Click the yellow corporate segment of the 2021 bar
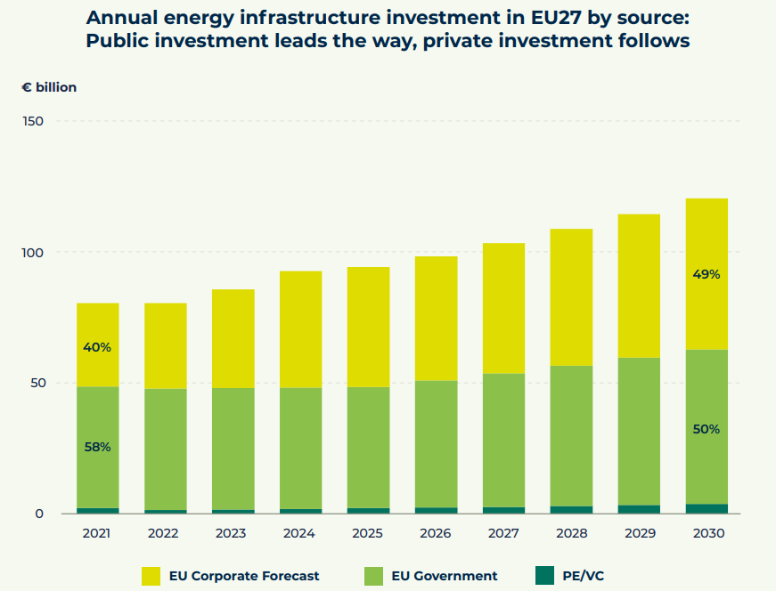click(x=98, y=325)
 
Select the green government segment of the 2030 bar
click(x=707, y=392)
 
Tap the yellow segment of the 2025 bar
click(x=368, y=327)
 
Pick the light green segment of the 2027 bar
click(x=503, y=440)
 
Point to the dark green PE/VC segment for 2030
click(x=707, y=509)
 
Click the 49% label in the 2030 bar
click(x=707, y=274)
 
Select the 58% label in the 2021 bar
click(x=98, y=447)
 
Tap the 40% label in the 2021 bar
click(x=98, y=347)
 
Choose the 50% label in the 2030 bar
click(x=707, y=429)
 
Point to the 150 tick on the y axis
click(x=33, y=121)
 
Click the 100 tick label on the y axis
click(x=33, y=253)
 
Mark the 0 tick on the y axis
click(x=39, y=514)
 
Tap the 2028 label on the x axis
click(x=571, y=533)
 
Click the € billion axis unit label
click(x=49, y=87)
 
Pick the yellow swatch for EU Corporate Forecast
click(x=151, y=576)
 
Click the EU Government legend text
click(x=445, y=576)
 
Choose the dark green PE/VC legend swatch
click(x=545, y=576)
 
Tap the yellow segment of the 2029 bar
click(x=639, y=286)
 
